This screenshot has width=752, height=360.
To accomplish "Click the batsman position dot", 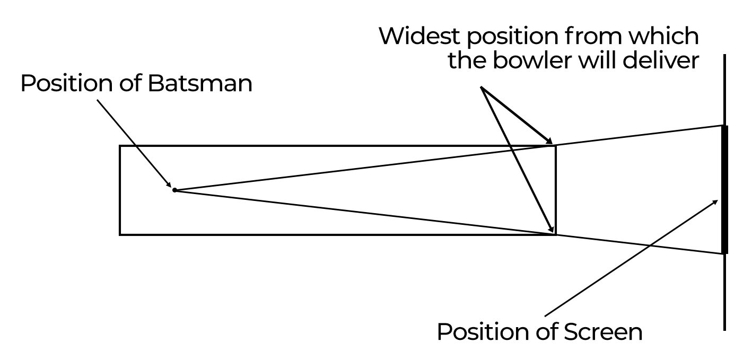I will tap(174, 190).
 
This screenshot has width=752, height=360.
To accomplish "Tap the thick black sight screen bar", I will tap(724, 189).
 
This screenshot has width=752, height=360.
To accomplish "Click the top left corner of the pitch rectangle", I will tap(120, 146).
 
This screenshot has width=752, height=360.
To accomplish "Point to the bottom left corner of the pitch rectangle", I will tap(120, 234).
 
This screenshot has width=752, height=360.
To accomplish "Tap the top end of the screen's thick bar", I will tap(724, 126).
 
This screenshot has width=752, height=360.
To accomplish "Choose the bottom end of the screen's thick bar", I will tap(724, 253).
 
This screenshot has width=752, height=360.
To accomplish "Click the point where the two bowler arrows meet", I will tap(483, 89).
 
